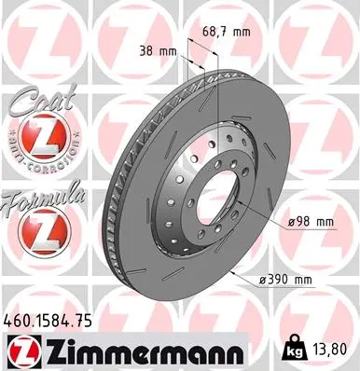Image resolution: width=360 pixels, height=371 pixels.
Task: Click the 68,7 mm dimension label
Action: point(228,33)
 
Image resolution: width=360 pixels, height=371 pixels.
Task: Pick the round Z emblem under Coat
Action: point(34,140)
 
